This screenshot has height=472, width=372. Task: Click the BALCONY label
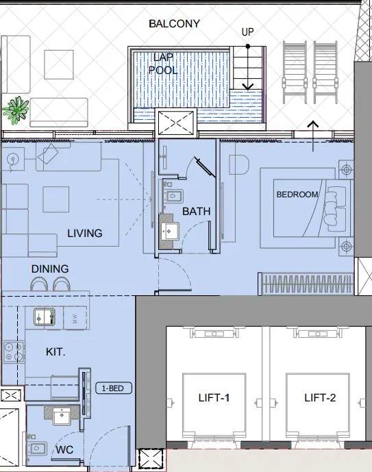click(x=175, y=24)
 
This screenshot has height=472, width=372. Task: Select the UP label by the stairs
click(x=249, y=32)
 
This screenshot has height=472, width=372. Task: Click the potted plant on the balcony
click(x=14, y=108)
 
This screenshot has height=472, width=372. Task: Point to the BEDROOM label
click(x=297, y=195)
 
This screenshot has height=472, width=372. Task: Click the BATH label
click(x=196, y=212)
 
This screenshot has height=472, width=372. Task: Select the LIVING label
click(x=85, y=234)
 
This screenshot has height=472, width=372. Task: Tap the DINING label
click(x=50, y=269)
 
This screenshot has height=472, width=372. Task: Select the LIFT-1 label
click(x=214, y=398)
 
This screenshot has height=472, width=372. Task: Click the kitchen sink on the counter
click(x=45, y=316)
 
